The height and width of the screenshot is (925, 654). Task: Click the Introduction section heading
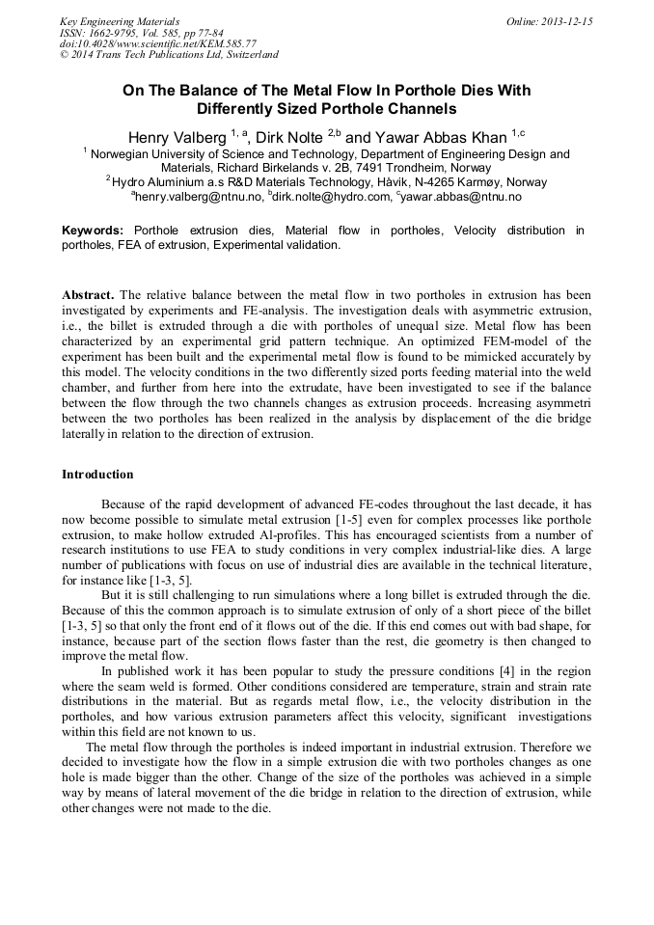click(x=97, y=475)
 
